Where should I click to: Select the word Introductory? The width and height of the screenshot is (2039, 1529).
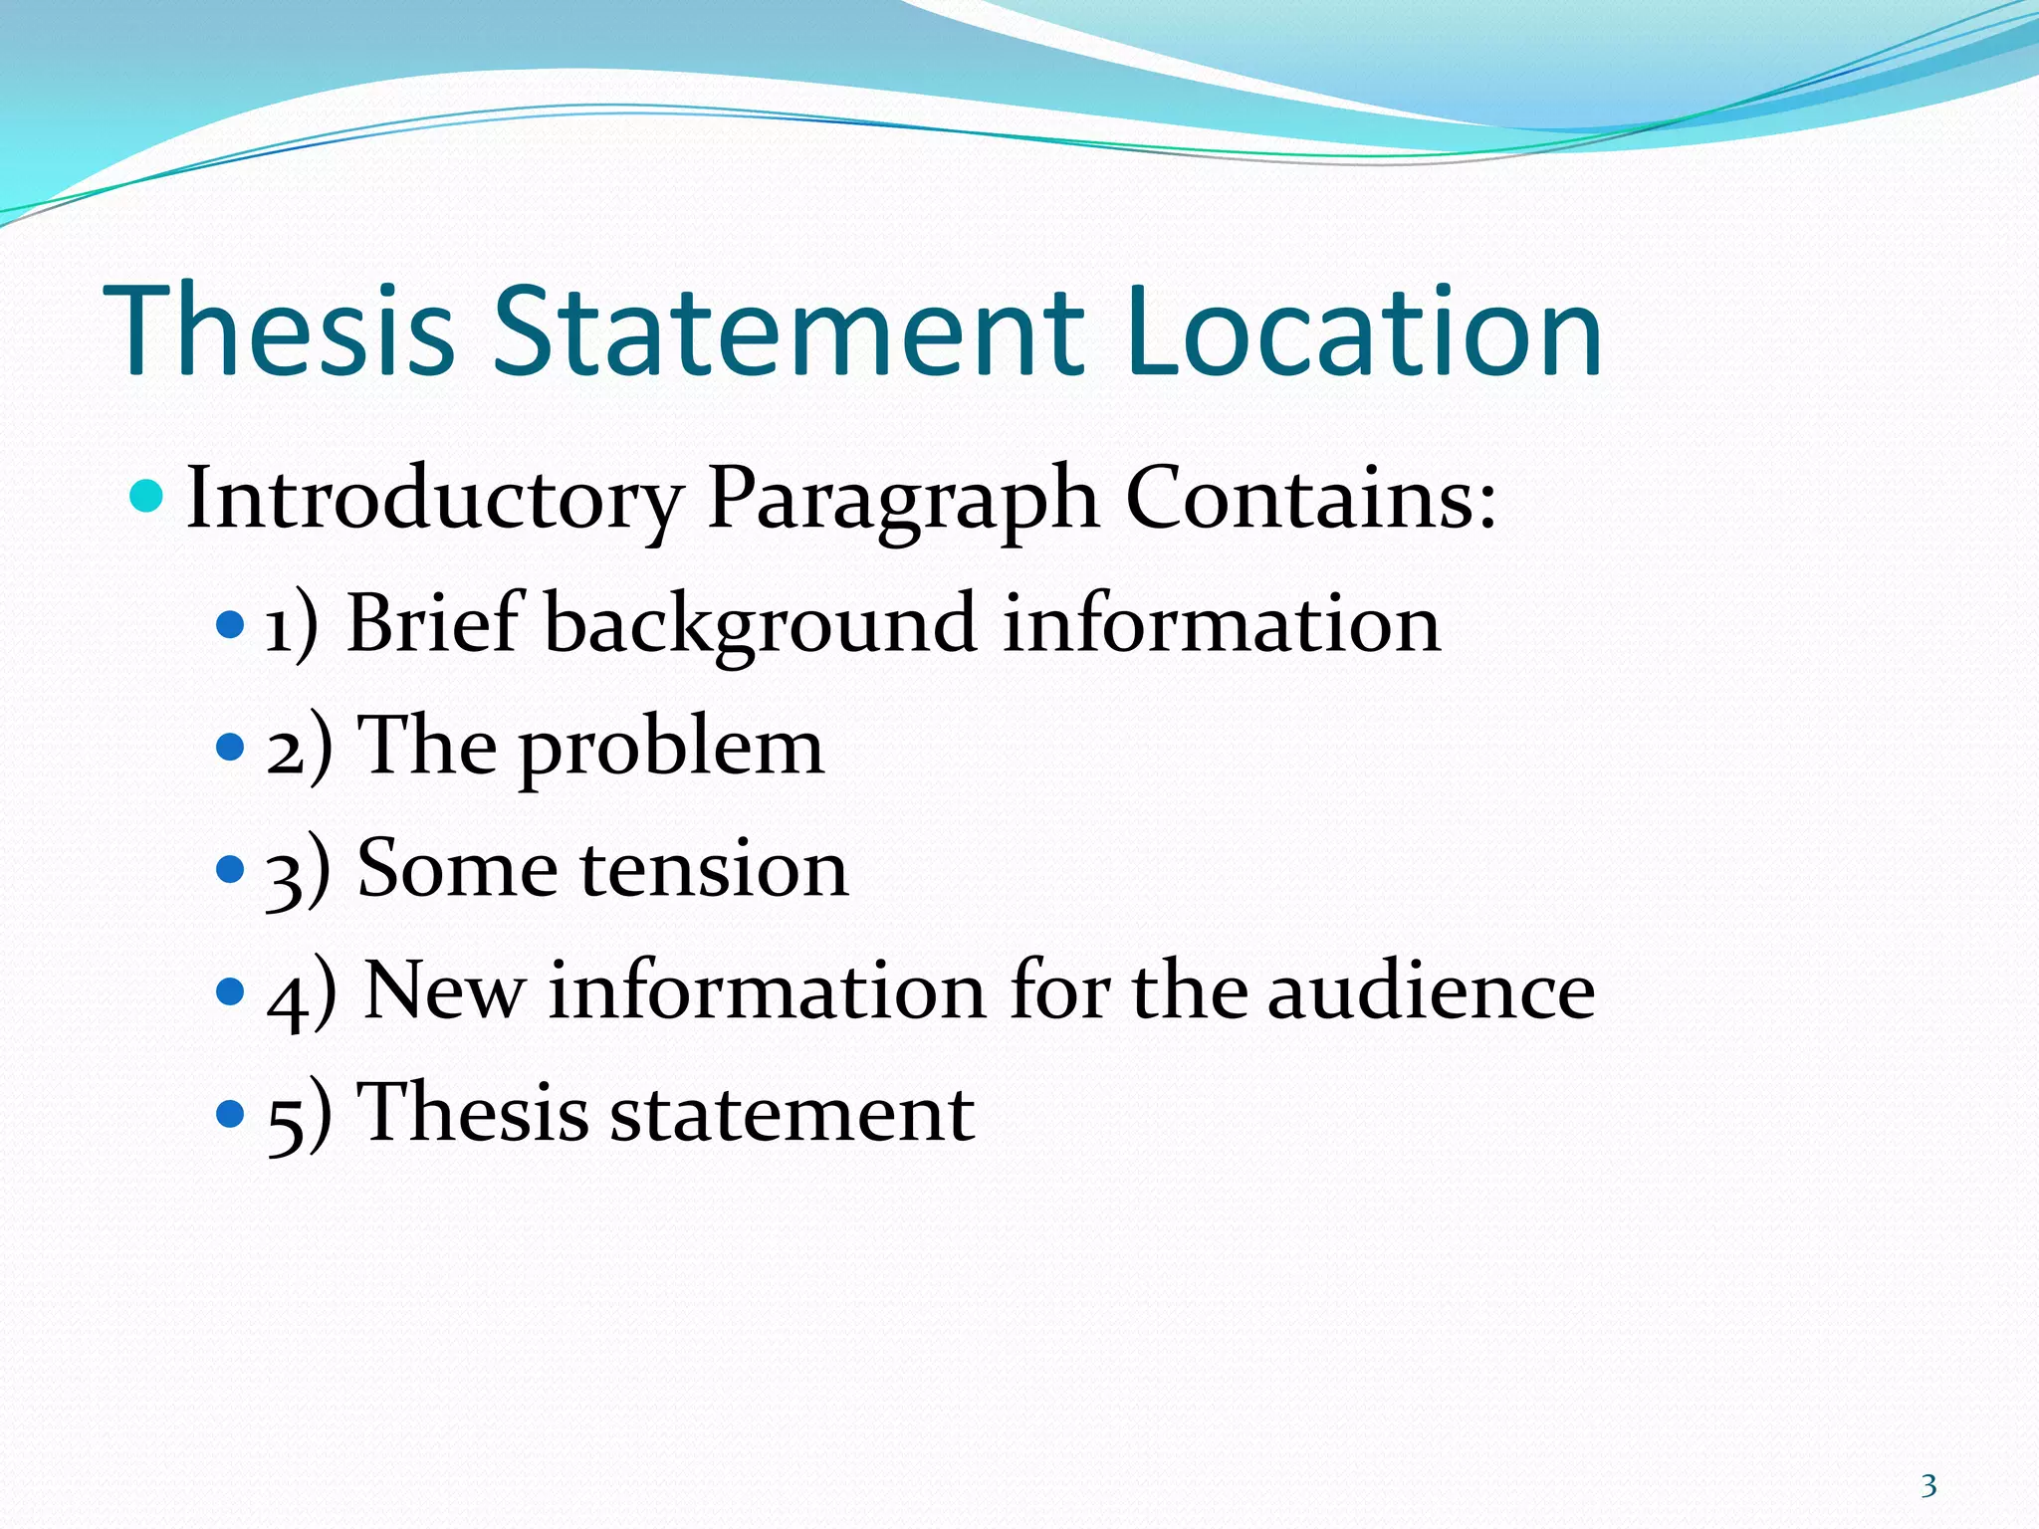(x=434, y=499)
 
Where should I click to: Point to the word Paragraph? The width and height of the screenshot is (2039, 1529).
(x=903, y=499)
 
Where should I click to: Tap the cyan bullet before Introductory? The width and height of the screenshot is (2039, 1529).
(x=146, y=495)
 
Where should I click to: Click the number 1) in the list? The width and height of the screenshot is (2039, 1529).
(x=292, y=626)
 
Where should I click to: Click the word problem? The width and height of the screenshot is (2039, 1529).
(x=672, y=750)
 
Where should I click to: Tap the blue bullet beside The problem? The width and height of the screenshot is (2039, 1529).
(x=230, y=747)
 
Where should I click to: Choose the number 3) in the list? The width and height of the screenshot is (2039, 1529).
(x=298, y=871)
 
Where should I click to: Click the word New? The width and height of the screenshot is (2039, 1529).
(x=444, y=991)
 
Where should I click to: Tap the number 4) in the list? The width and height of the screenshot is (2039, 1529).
(x=302, y=994)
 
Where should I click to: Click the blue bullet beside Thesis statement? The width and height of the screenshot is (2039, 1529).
(x=230, y=1112)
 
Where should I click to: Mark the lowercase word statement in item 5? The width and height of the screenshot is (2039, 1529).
(x=792, y=1114)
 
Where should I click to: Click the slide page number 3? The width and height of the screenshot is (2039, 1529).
(x=1928, y=1486)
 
